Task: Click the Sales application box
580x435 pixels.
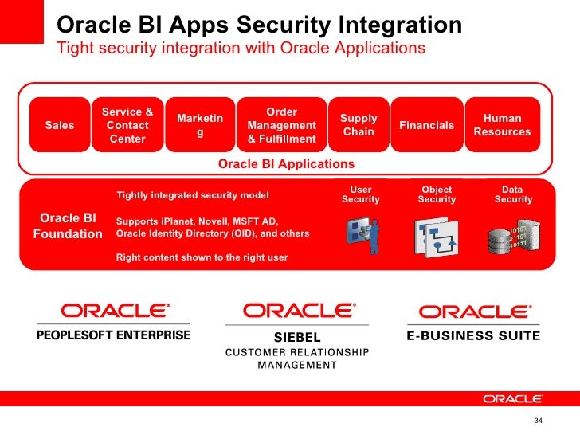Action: click(x=60, y=125)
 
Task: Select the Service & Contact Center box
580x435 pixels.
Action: click(x=127, y=125)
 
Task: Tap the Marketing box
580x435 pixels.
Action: click(x=200, y=125)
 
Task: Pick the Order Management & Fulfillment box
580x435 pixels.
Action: click(x=281, y=125)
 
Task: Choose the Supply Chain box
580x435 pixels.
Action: click(x=359, y=125)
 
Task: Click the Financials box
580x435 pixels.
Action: click(x=427, y=125)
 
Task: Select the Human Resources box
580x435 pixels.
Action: click(x=502, y=125)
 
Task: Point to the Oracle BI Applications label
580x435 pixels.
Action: click(x=286, y=163)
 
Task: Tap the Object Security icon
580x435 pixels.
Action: click(x=436, y=233)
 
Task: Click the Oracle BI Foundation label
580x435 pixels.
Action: click(x=68, y=225)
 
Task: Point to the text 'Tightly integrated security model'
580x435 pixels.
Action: click(x=193, y=195)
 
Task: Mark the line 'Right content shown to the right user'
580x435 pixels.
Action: click(x=202, y=257)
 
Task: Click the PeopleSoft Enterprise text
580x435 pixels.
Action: click(x=114, y=335)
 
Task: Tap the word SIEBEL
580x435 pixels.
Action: click(x=297, y=338)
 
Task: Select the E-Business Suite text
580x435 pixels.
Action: click(x=473, y=336)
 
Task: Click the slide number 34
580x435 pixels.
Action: click(x=538, y=421)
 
